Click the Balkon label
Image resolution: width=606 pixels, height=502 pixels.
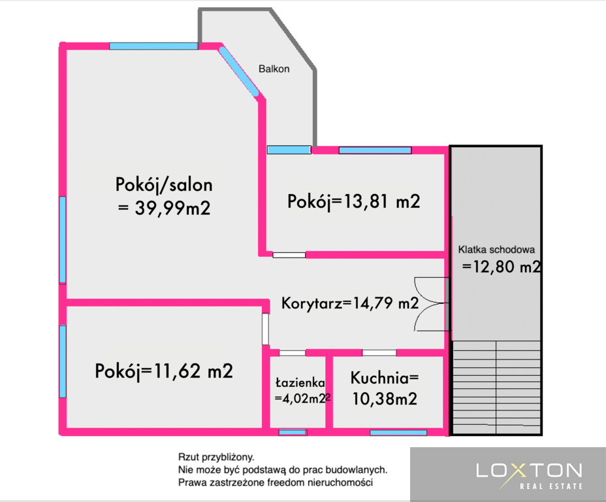point(274,69)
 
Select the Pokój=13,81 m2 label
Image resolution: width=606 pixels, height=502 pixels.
point(354,202)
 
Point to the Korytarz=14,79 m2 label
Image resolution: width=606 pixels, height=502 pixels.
point(350,303)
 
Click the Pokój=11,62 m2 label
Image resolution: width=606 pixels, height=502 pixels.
point(164,371)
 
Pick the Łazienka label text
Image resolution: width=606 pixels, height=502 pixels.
point(300,383)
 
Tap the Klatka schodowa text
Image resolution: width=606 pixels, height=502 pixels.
point(497,250)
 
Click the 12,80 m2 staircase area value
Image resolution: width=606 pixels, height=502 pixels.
point(506,267)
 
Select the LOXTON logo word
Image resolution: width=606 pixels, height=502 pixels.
point(529,470)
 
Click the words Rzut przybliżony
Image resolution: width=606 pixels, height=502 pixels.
point(216,457)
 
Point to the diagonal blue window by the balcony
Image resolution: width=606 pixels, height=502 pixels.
point(238,71)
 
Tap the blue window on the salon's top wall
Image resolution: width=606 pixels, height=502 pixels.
point(153,46)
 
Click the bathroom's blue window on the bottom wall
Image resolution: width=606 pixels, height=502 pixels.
point(293,432)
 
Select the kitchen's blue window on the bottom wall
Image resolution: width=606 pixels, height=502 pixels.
point(398,432)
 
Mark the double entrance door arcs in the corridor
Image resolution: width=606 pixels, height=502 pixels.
point(430,304)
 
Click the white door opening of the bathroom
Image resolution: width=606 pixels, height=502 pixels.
point(292,353)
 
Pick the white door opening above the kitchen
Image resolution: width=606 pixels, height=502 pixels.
point(379,353)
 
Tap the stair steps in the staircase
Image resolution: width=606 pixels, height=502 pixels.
point(496,387)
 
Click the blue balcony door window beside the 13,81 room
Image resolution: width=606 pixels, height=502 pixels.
point(289,150)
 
